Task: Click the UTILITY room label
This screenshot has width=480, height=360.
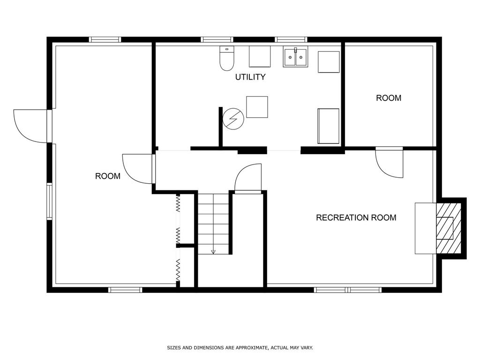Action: click(250, 77)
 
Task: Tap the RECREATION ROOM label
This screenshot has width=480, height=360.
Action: click(356, 217)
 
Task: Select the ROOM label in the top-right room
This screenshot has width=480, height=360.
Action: click(389, 98)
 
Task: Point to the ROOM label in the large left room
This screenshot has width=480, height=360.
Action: click(108, 176)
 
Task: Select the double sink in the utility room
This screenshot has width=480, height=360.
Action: click(295, 57)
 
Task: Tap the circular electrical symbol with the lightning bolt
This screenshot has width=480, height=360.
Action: click(233, 119)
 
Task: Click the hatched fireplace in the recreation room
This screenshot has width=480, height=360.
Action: click(445, 228)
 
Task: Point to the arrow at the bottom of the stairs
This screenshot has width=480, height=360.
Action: click(213, 251)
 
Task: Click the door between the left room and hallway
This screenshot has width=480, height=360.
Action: click(139, 168)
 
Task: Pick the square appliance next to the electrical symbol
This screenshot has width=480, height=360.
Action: click(257, 107)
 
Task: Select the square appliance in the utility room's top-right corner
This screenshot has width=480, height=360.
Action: click(329, 62)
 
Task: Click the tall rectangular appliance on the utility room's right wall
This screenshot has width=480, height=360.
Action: click(328, 126)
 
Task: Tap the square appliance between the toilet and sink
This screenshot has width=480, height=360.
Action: click(260, 57)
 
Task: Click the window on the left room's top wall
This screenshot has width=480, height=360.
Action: click(105, 40)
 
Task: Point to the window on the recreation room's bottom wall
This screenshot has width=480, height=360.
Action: click(348, 290)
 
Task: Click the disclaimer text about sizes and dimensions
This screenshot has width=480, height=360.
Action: click(240, 348)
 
